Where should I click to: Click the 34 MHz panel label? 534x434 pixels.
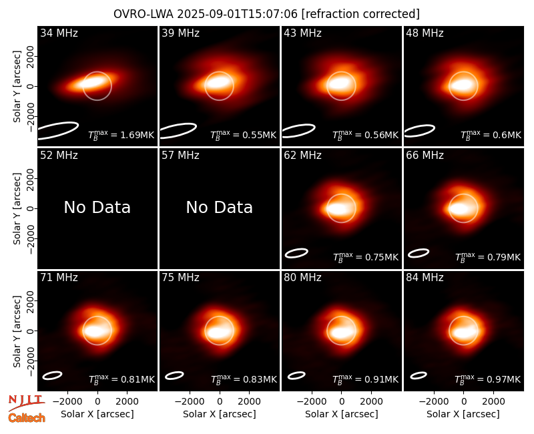(59, 33)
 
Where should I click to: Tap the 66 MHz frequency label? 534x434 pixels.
(425, 156)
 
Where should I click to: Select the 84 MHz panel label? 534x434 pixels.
(425, 278)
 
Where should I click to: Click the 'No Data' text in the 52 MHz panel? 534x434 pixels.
(97, 207)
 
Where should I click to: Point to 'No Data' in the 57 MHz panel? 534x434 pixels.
(220, 207)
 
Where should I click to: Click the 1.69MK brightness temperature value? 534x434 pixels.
(133, 135)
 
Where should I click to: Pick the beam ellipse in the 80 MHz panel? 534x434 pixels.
(296, 375)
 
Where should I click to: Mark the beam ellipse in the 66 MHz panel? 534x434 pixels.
(419, 253)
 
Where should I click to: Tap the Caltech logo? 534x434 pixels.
(27, 418)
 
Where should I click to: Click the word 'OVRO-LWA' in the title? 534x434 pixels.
(144, 14)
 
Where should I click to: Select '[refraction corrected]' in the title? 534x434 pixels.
(360, 14)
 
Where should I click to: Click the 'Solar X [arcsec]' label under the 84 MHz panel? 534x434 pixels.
(463, 414)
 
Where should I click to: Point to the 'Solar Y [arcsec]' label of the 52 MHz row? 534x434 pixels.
(17, 208)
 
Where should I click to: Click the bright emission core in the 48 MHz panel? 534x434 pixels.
(462, 85)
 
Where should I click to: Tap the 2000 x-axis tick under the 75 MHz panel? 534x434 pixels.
(249, 402)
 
